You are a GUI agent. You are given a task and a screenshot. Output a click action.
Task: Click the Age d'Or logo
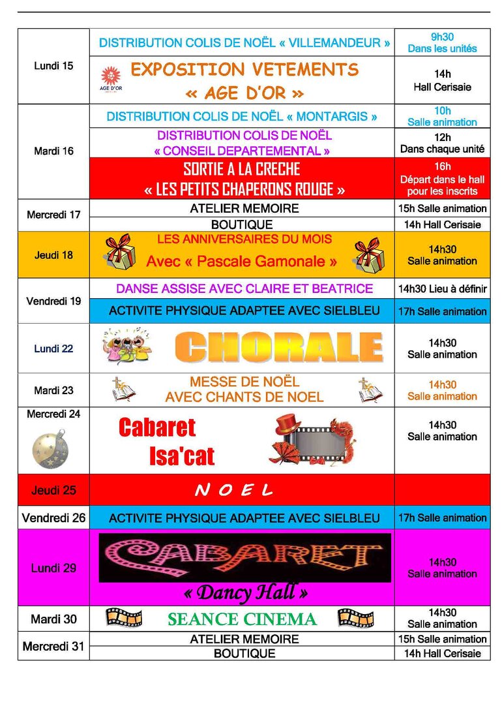click(x=111, y=79)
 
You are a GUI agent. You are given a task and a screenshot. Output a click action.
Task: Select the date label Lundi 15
click(x=53, y=66)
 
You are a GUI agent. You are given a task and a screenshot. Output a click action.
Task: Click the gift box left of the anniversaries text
click(x=119, y=254)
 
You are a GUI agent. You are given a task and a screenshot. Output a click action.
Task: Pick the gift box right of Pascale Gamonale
click(x=369, y=255)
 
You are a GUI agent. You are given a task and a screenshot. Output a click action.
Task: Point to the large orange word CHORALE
click(x=279, y=348)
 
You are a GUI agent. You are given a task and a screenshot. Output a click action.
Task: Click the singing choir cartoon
click(x=126, y=347)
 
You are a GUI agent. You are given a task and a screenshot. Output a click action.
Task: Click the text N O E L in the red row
click(x=233, y=490)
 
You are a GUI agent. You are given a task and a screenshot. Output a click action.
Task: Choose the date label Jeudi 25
click(x=53, y=490)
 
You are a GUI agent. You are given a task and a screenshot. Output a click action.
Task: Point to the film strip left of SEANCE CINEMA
click(x=124, y=617)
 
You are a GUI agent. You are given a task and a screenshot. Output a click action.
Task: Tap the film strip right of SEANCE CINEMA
click(x=355, y=618)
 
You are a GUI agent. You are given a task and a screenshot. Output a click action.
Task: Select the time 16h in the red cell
click(x=443, y=166)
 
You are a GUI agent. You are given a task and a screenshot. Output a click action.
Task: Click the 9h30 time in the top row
click(x=442, y=37)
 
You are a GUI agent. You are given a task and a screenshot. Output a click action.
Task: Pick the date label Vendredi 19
click(x=53, y=301)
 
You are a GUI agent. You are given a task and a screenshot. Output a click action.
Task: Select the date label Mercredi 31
click(x=53, y=647)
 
